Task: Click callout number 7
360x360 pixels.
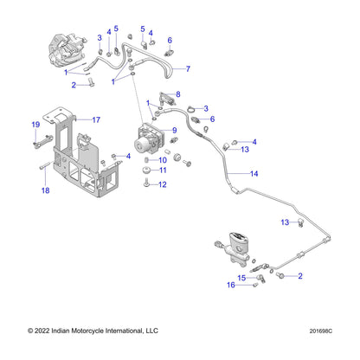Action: point(189,68)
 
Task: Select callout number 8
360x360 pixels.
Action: point(177,93)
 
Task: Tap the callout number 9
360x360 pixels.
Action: point(175,131)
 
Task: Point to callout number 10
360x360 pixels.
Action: point(162,160)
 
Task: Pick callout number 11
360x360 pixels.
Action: point(162,171)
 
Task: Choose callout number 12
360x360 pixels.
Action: point(162,185)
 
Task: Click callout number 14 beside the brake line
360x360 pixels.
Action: point(254,174)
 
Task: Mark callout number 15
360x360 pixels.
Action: point(243,278)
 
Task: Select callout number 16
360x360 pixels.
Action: point(231,285)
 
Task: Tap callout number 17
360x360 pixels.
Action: point(97,120)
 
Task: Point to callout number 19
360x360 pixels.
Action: point(36,126)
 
